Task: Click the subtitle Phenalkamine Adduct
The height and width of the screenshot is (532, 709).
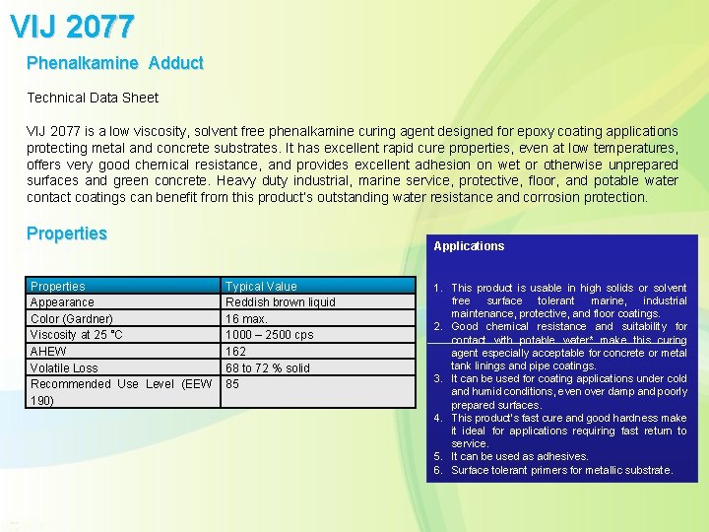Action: point(114,63)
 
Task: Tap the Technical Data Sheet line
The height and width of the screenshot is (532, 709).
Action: point(93,98)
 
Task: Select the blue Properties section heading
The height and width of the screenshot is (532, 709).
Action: point(67,233)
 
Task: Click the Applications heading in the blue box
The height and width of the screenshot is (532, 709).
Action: point(469,246)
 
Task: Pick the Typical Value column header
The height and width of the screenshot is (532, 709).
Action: point(261,287)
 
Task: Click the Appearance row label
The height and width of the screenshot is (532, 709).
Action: point(63,302)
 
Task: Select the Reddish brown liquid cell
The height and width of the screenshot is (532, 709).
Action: point(281,302)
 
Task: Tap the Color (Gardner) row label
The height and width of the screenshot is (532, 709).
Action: point(72,319)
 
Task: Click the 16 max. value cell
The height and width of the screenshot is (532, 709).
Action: point(247,319)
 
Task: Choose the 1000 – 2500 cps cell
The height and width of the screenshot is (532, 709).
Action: point(270,335)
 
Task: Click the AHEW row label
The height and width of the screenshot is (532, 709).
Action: point(49,352)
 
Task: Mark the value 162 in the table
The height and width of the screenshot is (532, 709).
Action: point(236,352)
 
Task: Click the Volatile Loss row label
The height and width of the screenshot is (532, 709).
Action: point(65,368)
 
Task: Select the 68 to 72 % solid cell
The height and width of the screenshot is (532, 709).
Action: point(268,368)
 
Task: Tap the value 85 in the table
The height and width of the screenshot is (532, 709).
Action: point(232,384)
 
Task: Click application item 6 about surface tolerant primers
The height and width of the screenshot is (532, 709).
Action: point(561,470)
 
